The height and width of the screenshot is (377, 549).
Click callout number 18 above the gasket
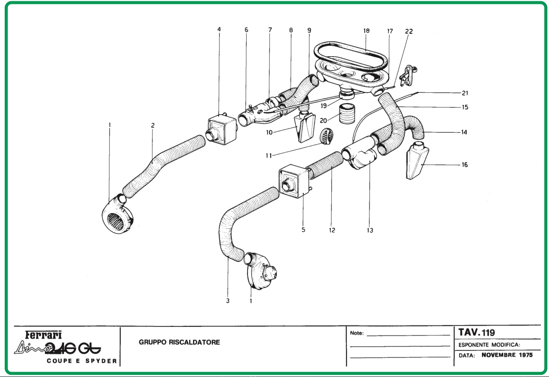[x=366, y=31]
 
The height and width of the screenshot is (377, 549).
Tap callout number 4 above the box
[x=219, y=30]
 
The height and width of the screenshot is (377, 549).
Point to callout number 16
[x=464, y=165]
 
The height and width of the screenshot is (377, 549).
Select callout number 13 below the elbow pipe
[x=370, y=230]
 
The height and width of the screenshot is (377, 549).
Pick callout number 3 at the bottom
[x=227, y=301]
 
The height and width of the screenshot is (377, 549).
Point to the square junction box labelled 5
[x=295, y=181]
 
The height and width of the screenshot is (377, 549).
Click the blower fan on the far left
[x=115, y=214]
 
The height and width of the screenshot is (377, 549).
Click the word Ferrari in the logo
[x=44, y=335]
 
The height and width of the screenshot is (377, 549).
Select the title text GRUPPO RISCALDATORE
[x=180, y=342]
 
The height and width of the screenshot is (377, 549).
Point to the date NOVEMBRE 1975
[x=507, y=355]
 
